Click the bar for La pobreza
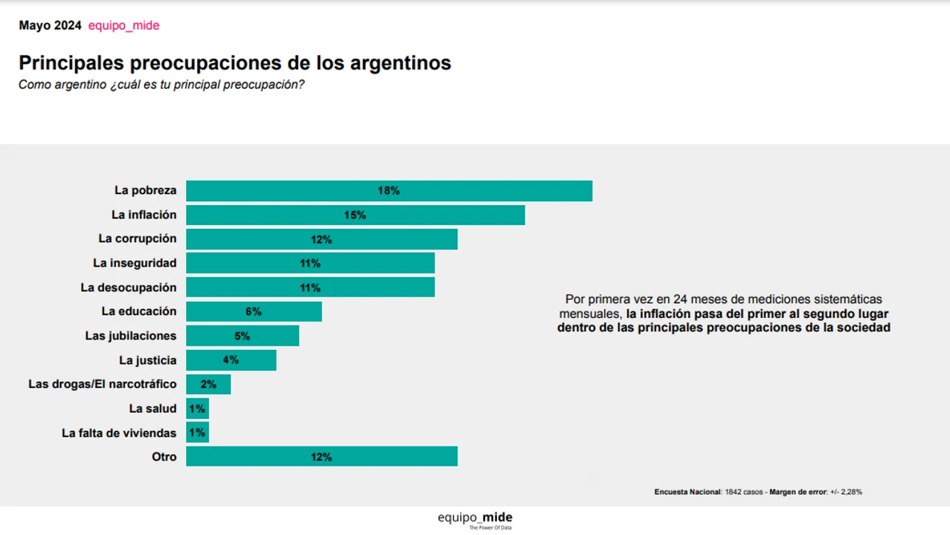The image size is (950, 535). tap(389, 191)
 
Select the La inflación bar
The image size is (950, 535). tap(355, 215)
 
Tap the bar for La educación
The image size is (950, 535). tap(254, 312)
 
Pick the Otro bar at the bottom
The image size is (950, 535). tap(321, 457)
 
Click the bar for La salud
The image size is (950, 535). tap(197, 409)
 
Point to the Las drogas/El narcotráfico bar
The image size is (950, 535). tap(208, 384)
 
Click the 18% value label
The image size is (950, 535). tap(388, 191)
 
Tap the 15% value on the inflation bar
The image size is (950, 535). tap(355, 215)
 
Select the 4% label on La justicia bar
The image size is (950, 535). tap(231, 360)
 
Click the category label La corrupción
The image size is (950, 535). tap(138, 239)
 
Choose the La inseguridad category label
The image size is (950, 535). tap(135, 263)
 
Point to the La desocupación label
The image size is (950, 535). tap(129, 288)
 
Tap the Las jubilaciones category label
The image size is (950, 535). tap(131, 336)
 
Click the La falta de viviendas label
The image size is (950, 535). tap(119, 432)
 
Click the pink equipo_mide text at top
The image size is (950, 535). tap(123, 26)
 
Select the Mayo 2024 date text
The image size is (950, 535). tap(50, 26)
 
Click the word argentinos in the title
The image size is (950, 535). tap(399, 63)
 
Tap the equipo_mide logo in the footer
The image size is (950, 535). tap(475, 519)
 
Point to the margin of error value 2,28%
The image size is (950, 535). tap(851, 492)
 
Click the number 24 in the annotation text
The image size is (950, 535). tap(679, 299)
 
